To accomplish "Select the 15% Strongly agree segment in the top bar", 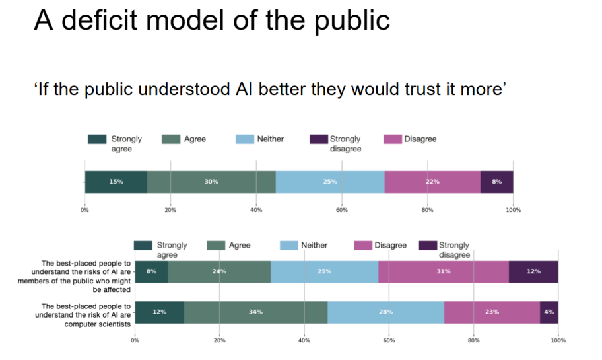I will (116, 182).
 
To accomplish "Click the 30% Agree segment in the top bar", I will (211, 182).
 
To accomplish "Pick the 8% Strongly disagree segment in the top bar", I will (496, 182).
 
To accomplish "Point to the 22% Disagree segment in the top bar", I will (432, 182).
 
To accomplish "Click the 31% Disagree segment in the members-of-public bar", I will (444, 271).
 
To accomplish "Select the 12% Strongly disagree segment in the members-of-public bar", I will (533, 271).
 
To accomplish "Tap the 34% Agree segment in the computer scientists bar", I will (256, 312).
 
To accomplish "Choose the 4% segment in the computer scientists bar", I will (549, 312).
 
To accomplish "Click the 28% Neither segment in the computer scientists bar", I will (385, 312).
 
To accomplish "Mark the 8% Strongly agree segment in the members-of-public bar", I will (151, 271).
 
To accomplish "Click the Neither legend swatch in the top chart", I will (245, 139).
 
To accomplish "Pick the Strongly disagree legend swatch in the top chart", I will (318, 139).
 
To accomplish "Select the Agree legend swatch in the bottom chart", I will (216, 246).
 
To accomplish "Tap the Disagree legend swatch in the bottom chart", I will (363, 246).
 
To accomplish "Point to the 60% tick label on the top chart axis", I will (342, 210).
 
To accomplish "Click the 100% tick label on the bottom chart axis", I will (558, 341).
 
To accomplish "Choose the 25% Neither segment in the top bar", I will (330, 182).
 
